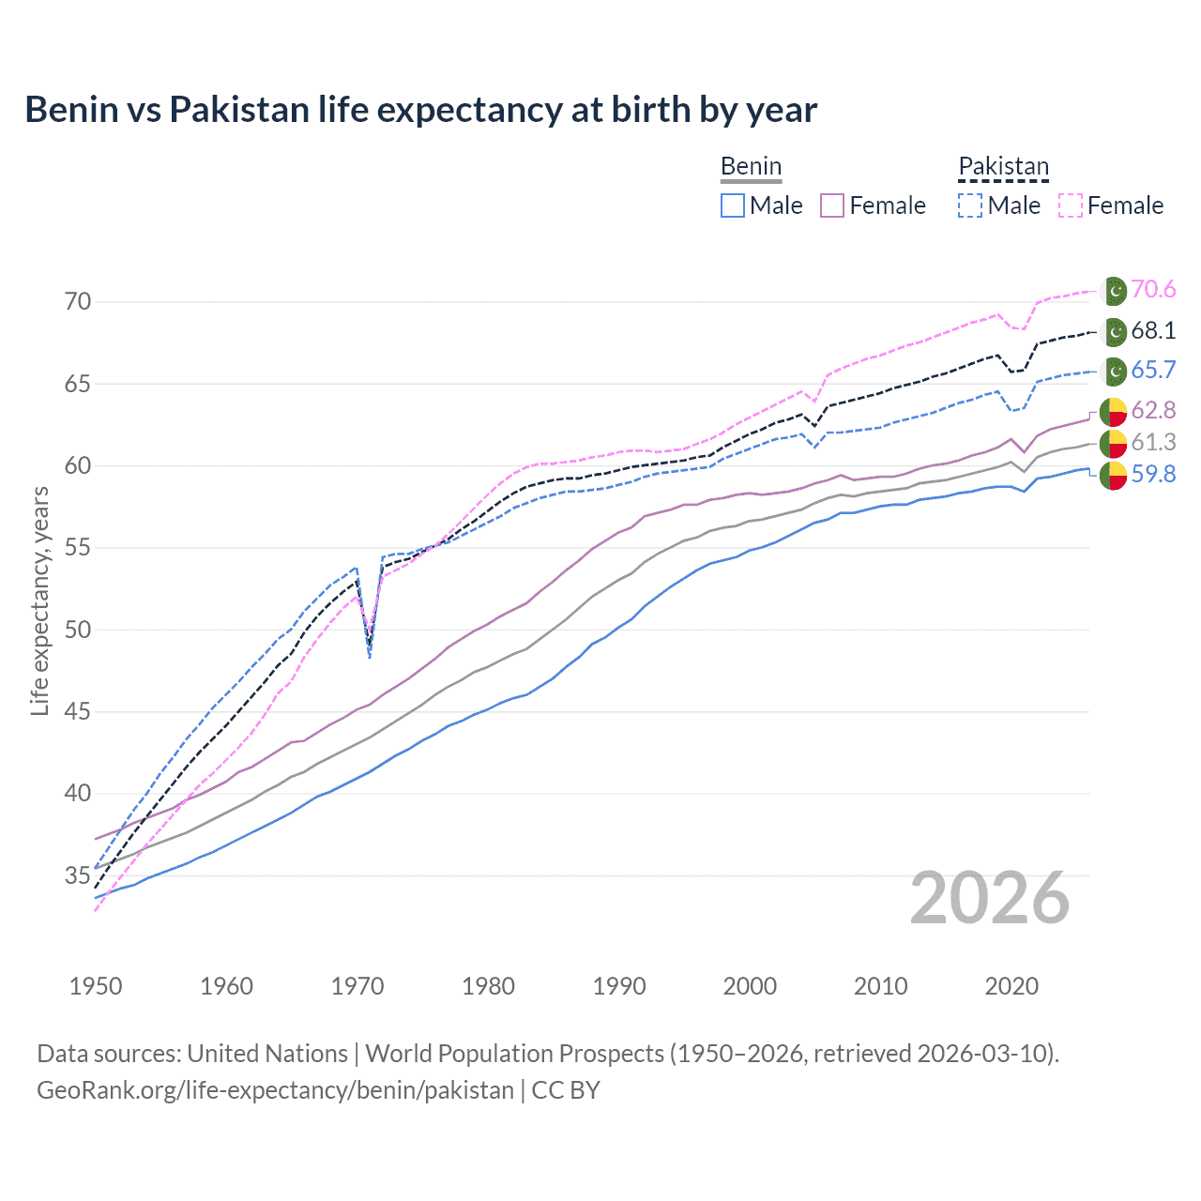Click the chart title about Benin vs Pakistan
pyautogui.click(x=420, y=110)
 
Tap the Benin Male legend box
pyautogui.click(x=733, y=205)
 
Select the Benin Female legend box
pyautogui.click(x=832, y=205)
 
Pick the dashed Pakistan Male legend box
pyautogui.click(x=970, y=205)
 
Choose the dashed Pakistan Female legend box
pyautogui.click(x=1070, y=205)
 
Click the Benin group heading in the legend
pyautogui.click(x=751, y=167)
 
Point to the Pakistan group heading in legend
pyautogui.click(x=1003, y=167)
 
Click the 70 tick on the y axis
pyautogui.click(x=78, y=301)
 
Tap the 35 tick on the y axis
pyautogui.click(x=78, y=875)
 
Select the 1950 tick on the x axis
pyautogui.click(x=96, y=986)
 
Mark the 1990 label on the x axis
pyautogui.click(x=619, y=986)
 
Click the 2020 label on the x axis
pyautogui.click(x=1011, y=986)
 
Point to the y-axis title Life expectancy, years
pyautogui.click(x=39, y=600)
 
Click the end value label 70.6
pyautogui.click(x=1153, y=290)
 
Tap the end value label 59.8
pyautogui.click(x=1153, y=475)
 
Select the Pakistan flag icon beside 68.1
pyautogui.click(x=1114, y=332)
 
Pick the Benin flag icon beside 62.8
pyautogui.click(x=1114, y=412)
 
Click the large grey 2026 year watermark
pyautogui.click(x=990, y=899)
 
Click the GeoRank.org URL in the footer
pyautogui.click(x=275, y=1090)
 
